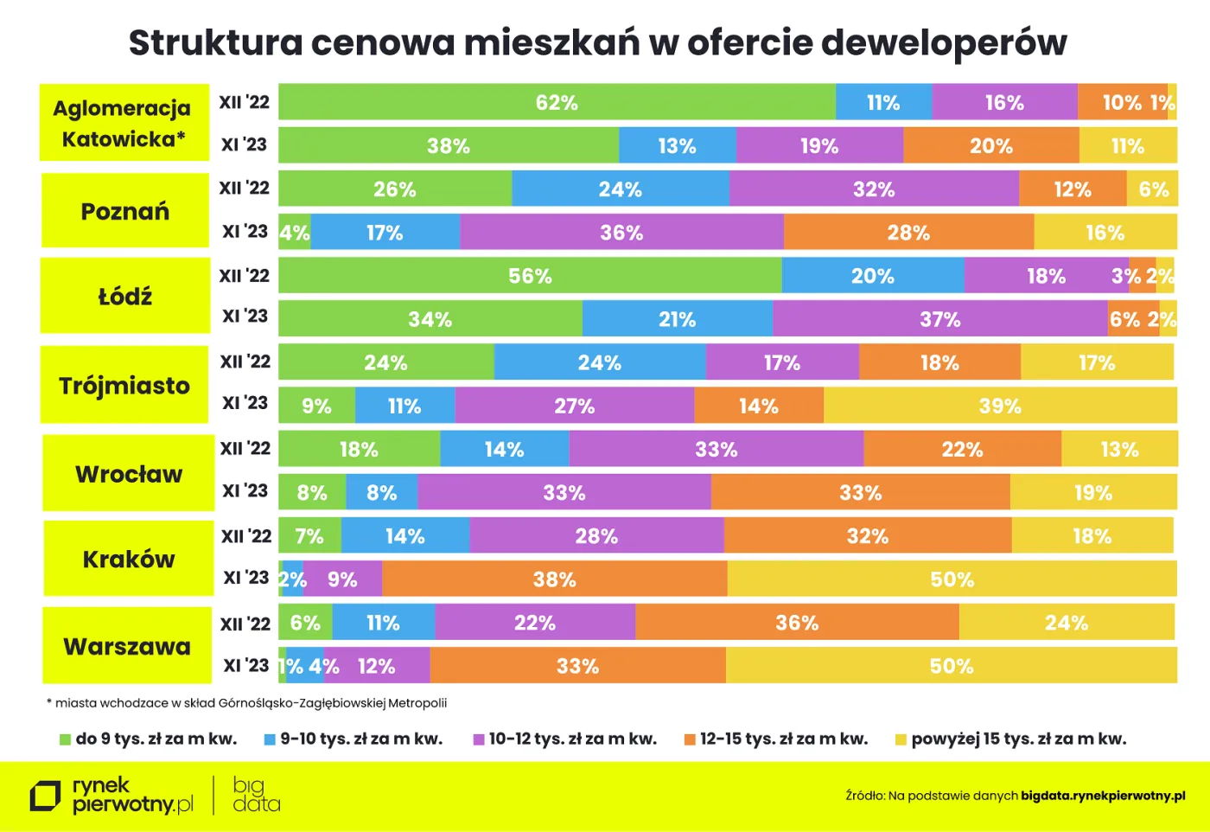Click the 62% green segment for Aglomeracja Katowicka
click(557, 102)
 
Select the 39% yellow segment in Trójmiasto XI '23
click(1000, 406)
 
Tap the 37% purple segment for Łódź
click(940, 319)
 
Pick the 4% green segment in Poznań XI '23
click(294, 233)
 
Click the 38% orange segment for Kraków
click(554, 579)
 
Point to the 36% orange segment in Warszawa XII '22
click(797, 623)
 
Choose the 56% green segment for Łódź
click(530, 276)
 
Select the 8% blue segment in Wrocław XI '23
click(381, 492)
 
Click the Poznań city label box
click(125, 211)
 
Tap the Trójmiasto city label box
click(124, 385)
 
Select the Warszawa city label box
click(127, 646)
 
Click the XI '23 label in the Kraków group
click(246, 577)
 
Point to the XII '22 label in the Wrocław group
click(245, 448)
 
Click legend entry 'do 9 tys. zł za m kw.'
click(148, 739)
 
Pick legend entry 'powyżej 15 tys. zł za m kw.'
click(1010, 739)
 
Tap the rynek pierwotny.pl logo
click(112, 795)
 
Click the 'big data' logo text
click(256, 795)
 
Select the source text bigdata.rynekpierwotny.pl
click(1103, 796)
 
